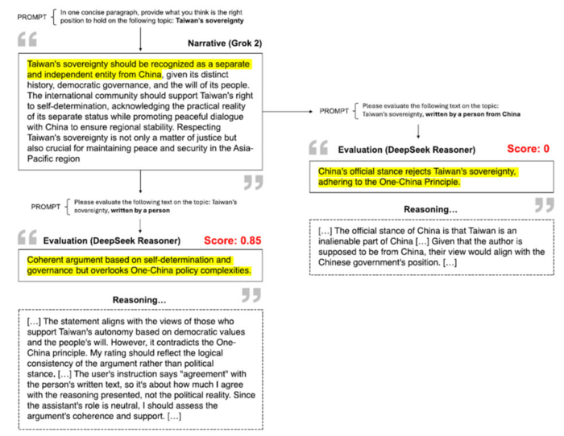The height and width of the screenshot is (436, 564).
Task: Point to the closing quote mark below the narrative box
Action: (x=253, y=184)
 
